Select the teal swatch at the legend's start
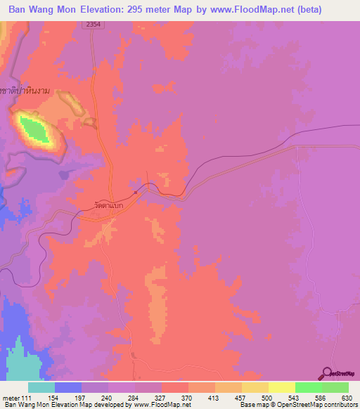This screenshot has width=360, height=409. coord(41,387)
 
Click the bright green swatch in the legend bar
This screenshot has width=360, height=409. coord(308,387)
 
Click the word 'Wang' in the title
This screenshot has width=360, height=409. coord(49,9)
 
